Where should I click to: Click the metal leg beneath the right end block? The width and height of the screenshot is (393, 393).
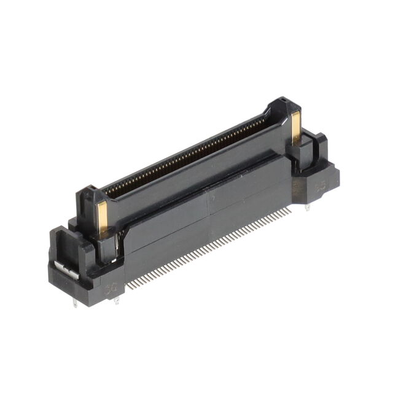[x=307, y=208]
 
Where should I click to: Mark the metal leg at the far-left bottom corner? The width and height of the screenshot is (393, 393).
[x=75, y=302]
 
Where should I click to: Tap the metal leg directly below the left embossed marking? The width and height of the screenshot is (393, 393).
[x=115, y=299]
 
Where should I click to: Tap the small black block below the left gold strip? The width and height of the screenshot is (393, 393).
[x=106, y=246]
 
